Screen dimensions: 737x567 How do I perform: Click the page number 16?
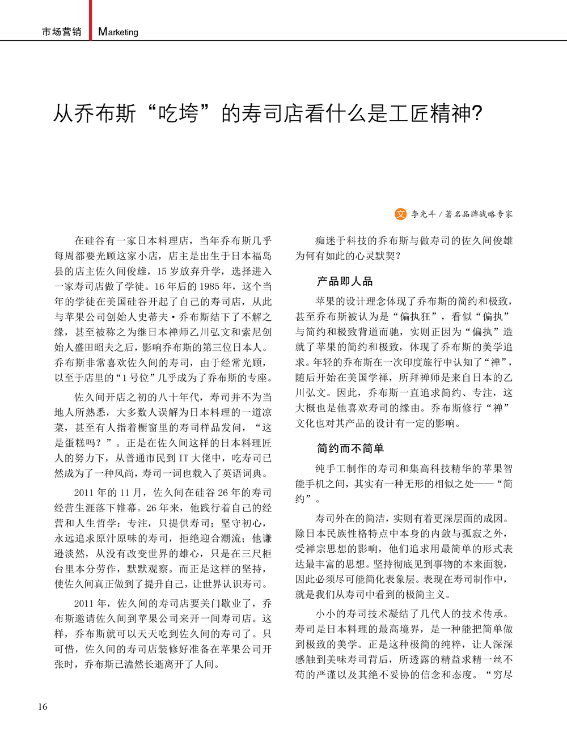click(43, 706)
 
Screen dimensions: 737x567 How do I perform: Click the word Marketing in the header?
click(118, 32)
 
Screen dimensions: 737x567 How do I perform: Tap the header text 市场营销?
click(61, 32)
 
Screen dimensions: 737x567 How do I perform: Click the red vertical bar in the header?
click(90, 20)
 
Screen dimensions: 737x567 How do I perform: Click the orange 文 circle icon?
click(400, 214)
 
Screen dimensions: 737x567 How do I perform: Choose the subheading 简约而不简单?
click(350, 448)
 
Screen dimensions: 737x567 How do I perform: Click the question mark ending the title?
click(477, 114)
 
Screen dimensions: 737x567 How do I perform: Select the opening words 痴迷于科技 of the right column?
click(341, 240)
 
